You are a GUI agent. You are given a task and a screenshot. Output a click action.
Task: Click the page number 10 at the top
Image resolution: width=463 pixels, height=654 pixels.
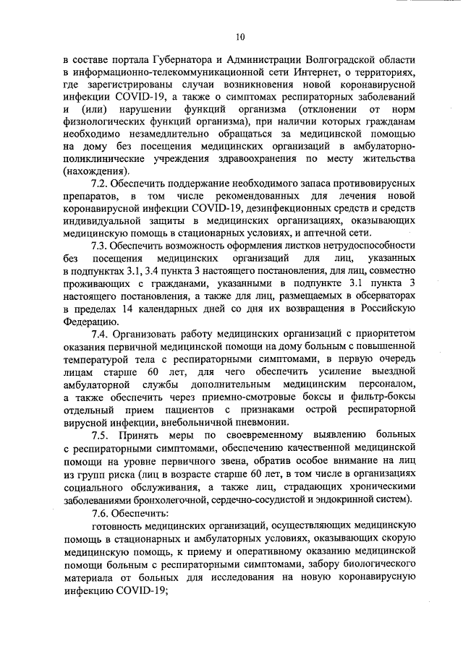coord(241,37)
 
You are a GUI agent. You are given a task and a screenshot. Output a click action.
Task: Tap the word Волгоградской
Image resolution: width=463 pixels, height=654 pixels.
coord(333,60)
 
